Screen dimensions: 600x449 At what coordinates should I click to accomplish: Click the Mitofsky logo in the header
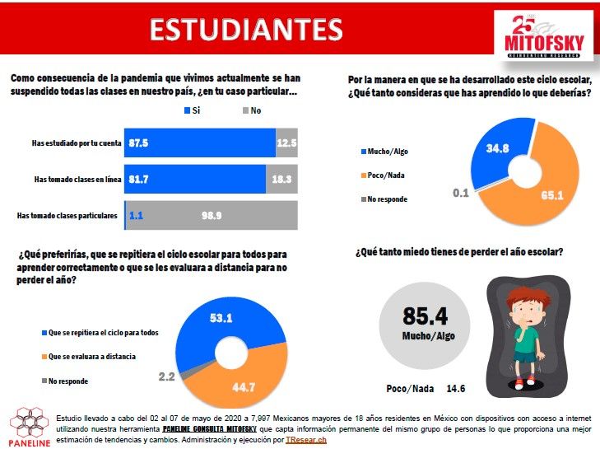544,36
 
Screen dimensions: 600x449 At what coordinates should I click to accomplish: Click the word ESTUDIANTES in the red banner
246,30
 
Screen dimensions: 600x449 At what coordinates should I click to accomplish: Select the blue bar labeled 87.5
200,143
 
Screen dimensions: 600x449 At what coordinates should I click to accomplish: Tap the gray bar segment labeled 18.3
281,179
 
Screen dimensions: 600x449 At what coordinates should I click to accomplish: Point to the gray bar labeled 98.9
212,215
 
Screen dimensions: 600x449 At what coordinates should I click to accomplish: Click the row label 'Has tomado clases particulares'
67,216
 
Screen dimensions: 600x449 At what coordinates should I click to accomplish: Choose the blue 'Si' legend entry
192,110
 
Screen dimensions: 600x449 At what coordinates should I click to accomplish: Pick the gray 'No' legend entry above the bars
252,110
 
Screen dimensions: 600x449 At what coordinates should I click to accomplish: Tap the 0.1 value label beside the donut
461,193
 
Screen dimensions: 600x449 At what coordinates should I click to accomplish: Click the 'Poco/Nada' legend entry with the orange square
383,175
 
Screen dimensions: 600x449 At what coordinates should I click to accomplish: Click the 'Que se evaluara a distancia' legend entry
89,357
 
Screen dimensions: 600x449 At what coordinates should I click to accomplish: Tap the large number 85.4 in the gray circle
426,316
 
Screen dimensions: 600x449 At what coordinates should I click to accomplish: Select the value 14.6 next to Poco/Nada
456,389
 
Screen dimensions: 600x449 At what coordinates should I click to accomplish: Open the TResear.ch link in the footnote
306,440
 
